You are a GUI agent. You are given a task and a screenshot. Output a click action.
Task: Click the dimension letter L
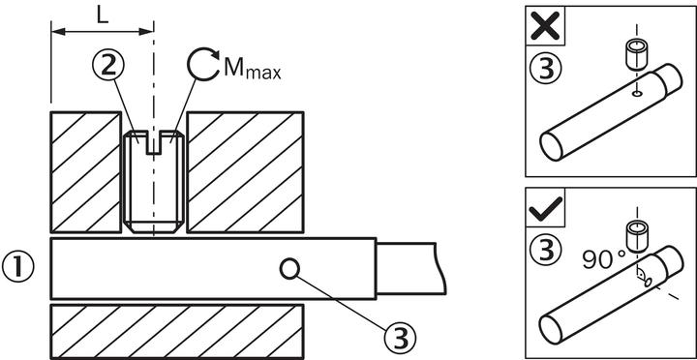pyautogui.click(x=103, y=15)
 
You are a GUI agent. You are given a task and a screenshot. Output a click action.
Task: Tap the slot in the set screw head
pyautogui.click(x=153, y=142)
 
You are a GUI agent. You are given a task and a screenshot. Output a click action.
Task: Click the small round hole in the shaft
pyautogui.click(x=289, y=269)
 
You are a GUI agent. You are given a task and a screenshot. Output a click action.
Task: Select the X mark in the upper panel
pyautogui.click(x=545, y=25)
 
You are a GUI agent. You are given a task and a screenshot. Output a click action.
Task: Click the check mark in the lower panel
pyautogui.click(x=546, y=207)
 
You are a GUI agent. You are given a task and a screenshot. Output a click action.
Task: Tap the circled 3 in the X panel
pyautogui.click(x=546, y=68)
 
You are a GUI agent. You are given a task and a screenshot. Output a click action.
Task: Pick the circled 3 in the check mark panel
pyautogui.click(x=546, y=250)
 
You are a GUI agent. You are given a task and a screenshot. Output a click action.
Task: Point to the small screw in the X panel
pyautogui.click(x=636, y=54)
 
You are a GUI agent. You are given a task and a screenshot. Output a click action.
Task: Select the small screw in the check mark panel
pyautogui.click(x=636, y=238)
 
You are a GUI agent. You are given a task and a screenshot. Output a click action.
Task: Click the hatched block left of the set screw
pyautogui.click(x=86, y=172)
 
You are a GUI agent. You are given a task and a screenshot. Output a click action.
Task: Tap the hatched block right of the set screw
pyautogui.click(x=245, y=172)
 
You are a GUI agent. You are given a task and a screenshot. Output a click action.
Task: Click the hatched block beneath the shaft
pyautogui.click(x=177, y=332)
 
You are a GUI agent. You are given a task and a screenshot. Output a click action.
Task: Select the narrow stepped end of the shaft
pyautogui.click(x=411, y=268)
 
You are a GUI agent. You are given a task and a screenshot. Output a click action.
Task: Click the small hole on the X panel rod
pyautogui.click(x=637, y=94)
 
